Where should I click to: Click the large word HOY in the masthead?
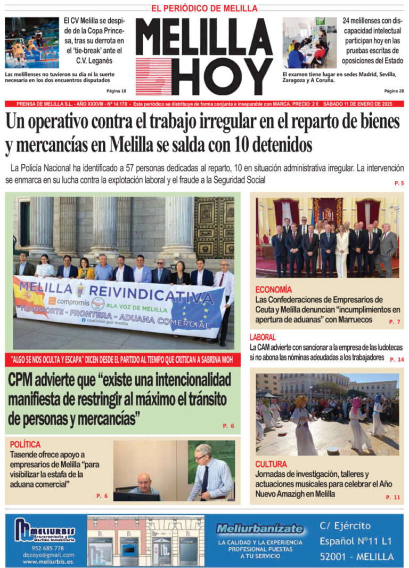coord(224,76)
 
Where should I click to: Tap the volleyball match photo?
coord(32,43)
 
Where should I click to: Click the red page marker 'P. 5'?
coord(399,183)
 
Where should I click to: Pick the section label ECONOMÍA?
coord(273,290)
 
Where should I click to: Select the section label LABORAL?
coord(263,337)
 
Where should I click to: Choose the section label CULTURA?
coord(271,464)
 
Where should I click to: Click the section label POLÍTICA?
coord(25,444)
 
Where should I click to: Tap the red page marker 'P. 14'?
coord(397,359)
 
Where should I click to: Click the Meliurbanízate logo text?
coord(259,529)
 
